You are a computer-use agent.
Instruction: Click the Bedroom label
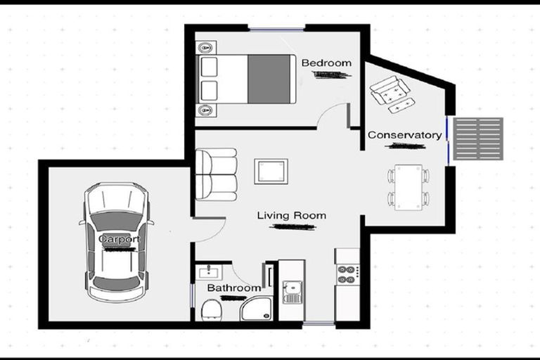coord(326,63)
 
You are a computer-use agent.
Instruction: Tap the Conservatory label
coord(404,135)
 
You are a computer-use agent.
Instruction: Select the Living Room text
coord(291,216)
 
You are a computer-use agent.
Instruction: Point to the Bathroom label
coord(233,288)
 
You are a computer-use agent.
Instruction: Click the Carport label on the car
coord(118,239)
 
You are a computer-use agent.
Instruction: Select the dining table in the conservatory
coord(408,187)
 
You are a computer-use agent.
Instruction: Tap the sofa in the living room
coord(216,174)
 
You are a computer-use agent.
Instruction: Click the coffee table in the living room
coord(271,171)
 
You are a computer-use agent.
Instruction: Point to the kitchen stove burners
coord(347,274)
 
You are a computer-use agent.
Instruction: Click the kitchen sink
coord(291,290)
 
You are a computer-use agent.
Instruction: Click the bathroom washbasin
coord(210,272)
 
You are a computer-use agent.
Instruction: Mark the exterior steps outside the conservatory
coord(477,139)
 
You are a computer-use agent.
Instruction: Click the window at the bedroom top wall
coord(276,29)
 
